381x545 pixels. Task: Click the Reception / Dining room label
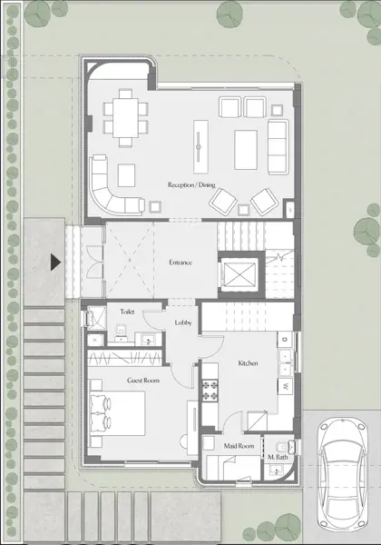pos(191,185)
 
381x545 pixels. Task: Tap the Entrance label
pos(181,263)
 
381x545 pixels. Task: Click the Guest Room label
pos(143,380)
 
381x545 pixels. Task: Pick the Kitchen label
pos(249,363)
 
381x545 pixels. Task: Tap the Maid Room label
pos(238,446)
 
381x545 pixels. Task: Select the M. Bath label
pos(277,458)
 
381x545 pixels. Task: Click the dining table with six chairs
pos(124,118)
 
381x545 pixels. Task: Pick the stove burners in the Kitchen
pos(211,391)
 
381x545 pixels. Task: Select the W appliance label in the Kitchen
pos(286,386)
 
